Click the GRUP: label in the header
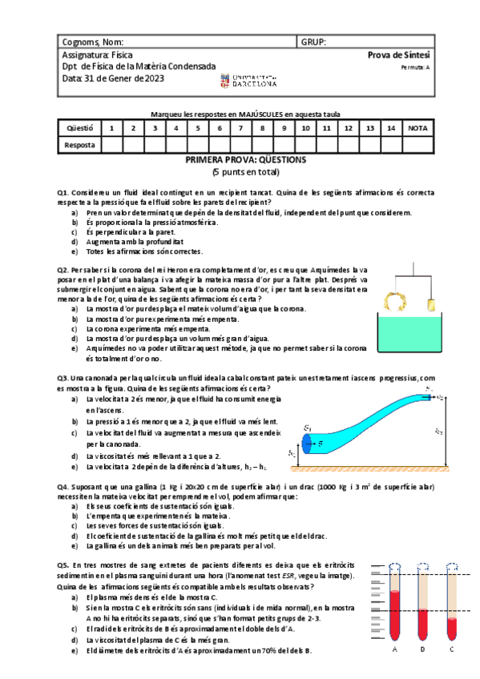tap(313, 42)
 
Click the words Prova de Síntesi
tap(398, 54)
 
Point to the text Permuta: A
tap(415, 67)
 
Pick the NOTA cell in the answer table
tap(417, 127)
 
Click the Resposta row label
tap(80, 145)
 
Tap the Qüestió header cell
tap(80, 127)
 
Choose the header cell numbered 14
tap(391, 127)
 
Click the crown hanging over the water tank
tap(393, 301)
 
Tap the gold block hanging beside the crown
tap(432, 304)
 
